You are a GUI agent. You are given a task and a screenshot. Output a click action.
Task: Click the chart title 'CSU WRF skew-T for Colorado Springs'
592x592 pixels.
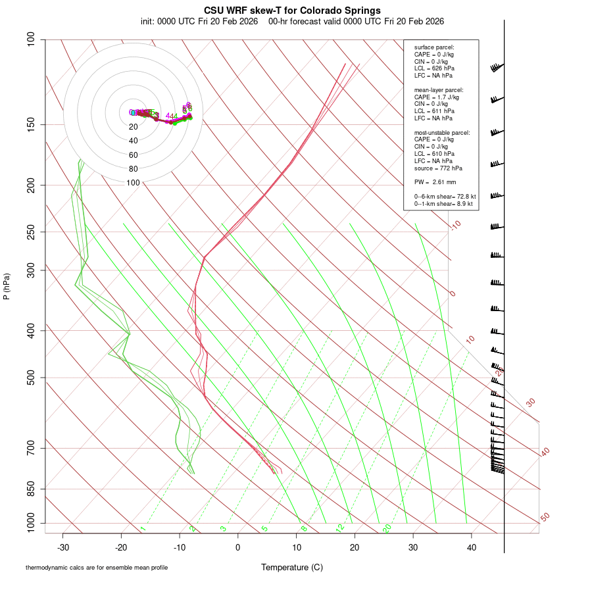pyautogui.click(x=292, y=11)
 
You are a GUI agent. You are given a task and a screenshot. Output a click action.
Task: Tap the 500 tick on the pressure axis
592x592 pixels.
pyautogui.click(x=31, y=378)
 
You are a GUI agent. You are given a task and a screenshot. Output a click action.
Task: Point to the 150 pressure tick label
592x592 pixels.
pyautogui.click(x=31, y=124)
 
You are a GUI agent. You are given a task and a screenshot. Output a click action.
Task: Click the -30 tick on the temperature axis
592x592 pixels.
pyautogui.click(x=63, y=547)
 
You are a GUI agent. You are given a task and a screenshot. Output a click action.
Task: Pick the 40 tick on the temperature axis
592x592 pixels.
pyautogui.click(x=472, y=547)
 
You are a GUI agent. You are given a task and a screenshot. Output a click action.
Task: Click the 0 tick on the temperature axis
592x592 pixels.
pyautogui.click(x=238, y=547)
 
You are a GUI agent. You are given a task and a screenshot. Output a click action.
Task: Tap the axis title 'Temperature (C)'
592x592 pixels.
pyautogui.click(x=292, y=568)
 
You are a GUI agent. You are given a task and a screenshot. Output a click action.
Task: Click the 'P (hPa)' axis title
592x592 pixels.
pyautogui.click(x=7, y=287)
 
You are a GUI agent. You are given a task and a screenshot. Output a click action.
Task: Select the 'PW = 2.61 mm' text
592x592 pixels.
pyautogui.click(x=435, y=182)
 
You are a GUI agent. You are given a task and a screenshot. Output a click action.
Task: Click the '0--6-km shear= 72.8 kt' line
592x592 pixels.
pyautogui.click(x=445, y=196)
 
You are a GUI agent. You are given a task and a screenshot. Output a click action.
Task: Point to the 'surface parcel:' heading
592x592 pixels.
pyautogui.click(x=434, y=47)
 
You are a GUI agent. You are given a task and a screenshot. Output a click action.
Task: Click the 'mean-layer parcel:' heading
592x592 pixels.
pyautogui.click(x=439, y=89)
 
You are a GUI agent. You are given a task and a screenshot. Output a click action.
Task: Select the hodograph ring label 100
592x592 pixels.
pyautogui.click(x=134, y=183)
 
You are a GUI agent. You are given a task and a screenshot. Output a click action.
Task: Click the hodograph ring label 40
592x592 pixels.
pyautogui.click(x=134, y=141)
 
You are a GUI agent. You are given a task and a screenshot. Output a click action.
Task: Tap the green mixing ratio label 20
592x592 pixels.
pyautogui.click(x=387, y=528)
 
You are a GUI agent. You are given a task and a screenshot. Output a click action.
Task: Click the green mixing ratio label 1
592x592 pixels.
pyautogui.click(x=143, y=529)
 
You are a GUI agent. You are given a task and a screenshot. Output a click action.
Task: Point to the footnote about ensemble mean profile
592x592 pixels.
pyautogui.click(x=97, y=568)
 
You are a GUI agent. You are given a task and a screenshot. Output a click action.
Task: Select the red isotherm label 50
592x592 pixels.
pyautogui.click(x=545, y=518)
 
